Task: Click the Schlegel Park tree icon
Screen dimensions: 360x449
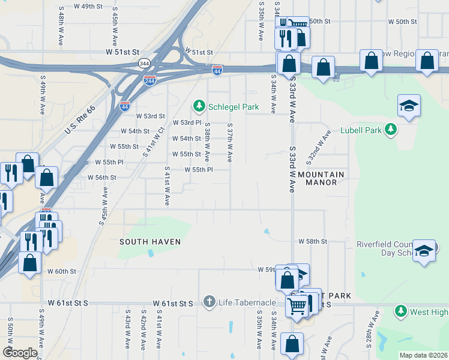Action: (x=199, y=106)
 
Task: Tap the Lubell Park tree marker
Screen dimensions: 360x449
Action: (x=391, y=130)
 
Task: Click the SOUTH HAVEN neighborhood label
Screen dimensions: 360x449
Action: (x=150, y=242)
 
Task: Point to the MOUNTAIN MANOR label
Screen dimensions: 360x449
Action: (x=321, y=178)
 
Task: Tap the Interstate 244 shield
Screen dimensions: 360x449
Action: (x=149, y=80)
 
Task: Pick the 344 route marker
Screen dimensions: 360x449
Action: (x=144, y=63)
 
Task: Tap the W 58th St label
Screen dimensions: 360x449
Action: (x=313, y=241)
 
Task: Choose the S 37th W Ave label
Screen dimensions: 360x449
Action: (x=229, y=143)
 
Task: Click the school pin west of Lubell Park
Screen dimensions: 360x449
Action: (x=409, y=106)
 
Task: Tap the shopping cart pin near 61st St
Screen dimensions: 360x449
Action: (x=297, y=305)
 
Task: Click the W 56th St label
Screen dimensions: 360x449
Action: (x=101, y=178)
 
